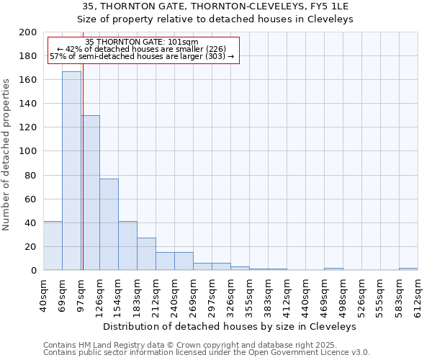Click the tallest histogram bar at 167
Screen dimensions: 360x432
click(71, 171)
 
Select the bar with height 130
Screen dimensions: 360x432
click(91, 193)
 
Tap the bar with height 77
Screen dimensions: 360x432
click(109, 224)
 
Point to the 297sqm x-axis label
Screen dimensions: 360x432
click(212, 295)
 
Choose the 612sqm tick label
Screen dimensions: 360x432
click(418, 295)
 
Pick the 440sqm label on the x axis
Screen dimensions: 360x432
click(306, 295)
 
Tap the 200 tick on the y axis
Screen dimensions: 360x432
click(28, 32)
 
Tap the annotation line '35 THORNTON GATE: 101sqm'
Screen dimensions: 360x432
click(142, 42)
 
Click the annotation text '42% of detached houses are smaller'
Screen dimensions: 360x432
click(142, 49)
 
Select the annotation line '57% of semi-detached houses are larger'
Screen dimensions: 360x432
click(142, 56)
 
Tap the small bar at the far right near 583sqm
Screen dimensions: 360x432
click(408, 269)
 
